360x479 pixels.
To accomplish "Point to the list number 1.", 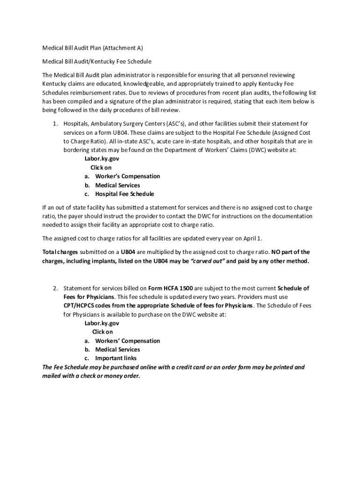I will (54, 123).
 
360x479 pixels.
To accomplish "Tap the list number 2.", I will (54, 288).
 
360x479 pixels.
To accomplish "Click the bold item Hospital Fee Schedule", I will (124, 194).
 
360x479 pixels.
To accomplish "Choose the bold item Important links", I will (116, 358).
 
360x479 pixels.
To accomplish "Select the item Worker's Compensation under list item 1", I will (127, 176).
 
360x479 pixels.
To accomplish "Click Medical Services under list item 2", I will (117, 349).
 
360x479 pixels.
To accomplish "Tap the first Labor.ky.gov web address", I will (101, 159).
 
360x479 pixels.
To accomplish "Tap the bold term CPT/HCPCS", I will (84, 306).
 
